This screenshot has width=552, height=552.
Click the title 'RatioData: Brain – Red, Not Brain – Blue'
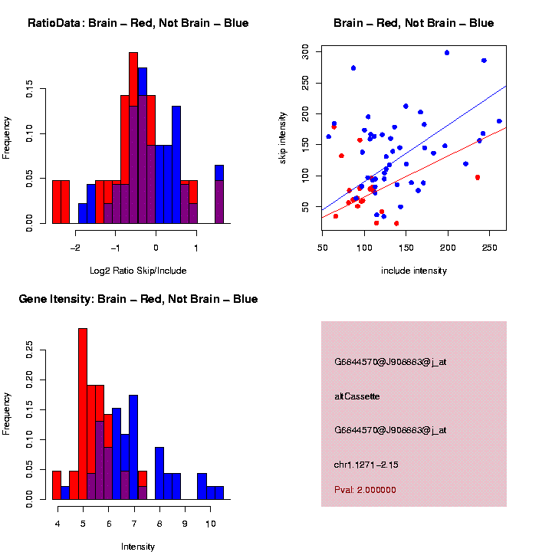pyautogui.click(x=138, y=23)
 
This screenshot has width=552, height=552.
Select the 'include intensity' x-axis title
pyautogui.click(x=414, y=271)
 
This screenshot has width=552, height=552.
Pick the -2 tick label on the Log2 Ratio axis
pyautogui.click(x=75, y=248)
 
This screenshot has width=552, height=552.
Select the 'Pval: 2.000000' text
pyautogui.click(x=365, y=489)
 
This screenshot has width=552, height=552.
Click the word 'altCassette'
pyautogui.click(x=357, y=396)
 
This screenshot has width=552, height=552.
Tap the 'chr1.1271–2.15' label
pyautogui.click(x=366, y=465)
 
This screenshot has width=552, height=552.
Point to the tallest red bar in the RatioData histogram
pyautogui.click(x=133, y=138)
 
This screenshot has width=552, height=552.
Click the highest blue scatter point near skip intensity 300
pyautogui.click(x=447, y=53)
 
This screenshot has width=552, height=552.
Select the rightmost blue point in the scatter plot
pyautogui.click(x=499, y=121)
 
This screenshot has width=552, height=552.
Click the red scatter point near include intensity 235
pyautogui.click(x=478, y=177)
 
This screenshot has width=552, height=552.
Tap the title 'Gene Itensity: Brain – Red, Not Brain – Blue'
pyautogui.click(x=138, y=299)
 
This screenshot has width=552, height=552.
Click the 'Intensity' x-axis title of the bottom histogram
pyautogui.click(x=138, y=547)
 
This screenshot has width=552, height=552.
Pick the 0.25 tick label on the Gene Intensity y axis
pyautogui.click(x=31, y=350)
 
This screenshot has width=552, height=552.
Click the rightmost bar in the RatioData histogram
pyautogui.click(x=219, y=195)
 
